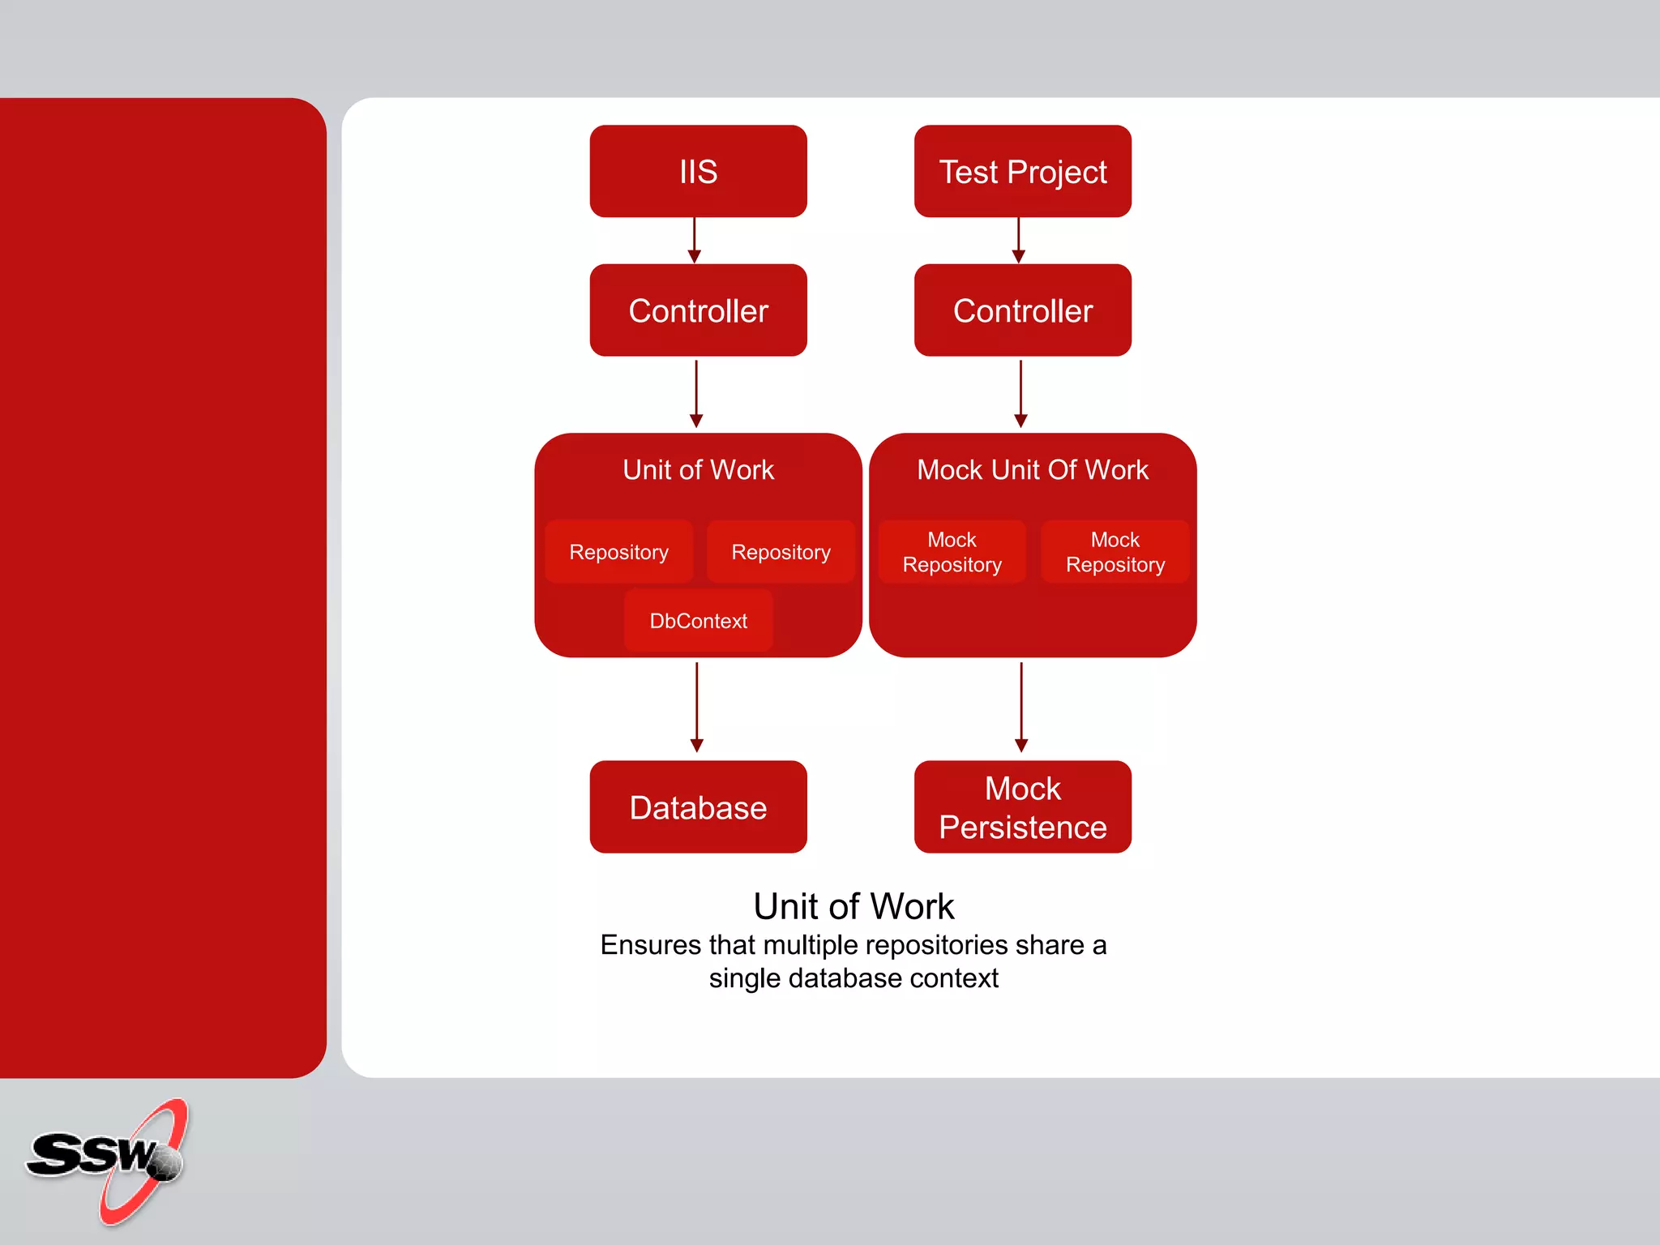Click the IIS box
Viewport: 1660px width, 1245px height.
pyautogui.click(x=698, y=171)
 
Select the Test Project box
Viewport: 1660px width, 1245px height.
pyautogui.click(x=1022, y=171)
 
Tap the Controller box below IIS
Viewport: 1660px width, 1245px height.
pyautogui.click(x=698, y=310)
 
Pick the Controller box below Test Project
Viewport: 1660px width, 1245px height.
pyautogui.click(x=1022, y=310)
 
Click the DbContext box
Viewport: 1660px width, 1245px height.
pyautogui.click(x=698, y=621)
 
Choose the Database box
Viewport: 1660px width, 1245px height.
pyautogui.click(x=698, y=806)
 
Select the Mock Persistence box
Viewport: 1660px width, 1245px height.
pyautogui.click(x=1022, y=806)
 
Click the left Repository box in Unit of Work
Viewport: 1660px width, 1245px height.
pyautogui.click(x=618, y=552)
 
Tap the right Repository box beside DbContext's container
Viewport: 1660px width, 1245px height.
pyautogui.click(x=781, y=552)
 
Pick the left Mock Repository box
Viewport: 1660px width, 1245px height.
pyautogui.click(x=952, y=552)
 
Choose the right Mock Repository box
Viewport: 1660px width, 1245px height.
pyautogui.click(x=1115, y=552)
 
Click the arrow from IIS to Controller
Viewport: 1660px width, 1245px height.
pyautogui.click(x=695, y=241)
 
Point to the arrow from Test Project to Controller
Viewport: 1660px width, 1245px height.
pyautogui.click(x=1019, y=241)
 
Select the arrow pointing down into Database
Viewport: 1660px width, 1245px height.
pyautogui.click(x=696, y=708)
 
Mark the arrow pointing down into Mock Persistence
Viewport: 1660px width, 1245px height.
pyautogui.click(x=1021, y=708)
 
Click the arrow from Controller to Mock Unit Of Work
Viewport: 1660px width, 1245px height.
pyautogui.click(x=1020, y=394)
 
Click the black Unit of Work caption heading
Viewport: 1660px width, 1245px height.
pyautogui.click(x=854, y=906)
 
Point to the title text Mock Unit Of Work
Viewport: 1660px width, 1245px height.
pyautogui.click(x=1032, y=470)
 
